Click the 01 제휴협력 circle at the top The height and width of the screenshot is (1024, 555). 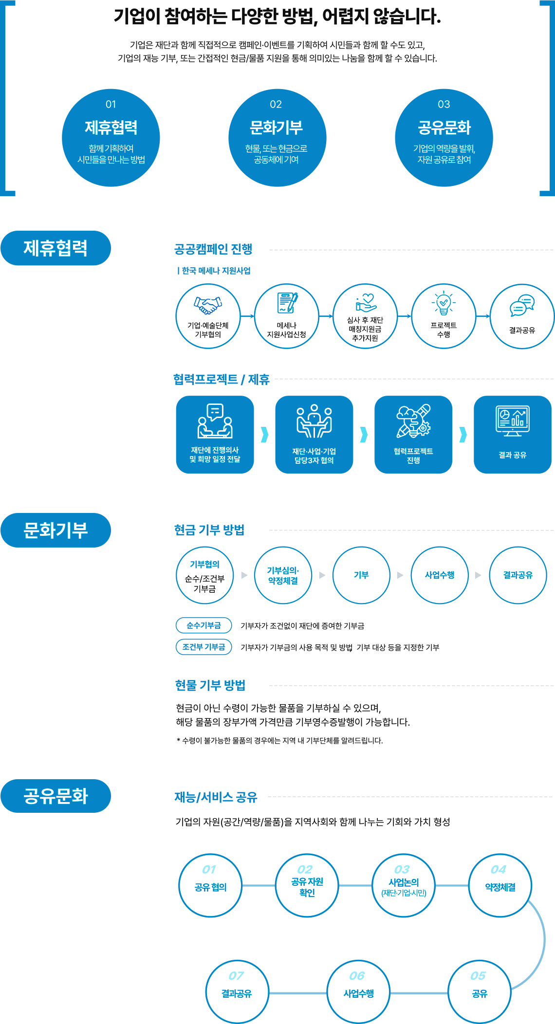tap(111, 138)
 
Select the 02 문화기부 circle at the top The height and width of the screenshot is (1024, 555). tap(277, 138)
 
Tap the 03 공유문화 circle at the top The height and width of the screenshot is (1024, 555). tap(444, 138)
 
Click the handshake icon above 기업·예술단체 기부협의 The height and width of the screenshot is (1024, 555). tap(208, 305)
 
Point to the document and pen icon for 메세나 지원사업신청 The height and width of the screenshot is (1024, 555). tap(287, 303)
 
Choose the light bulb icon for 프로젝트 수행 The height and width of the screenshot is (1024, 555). tap(444, 304)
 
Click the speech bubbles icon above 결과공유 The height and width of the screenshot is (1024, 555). tap(522, 306)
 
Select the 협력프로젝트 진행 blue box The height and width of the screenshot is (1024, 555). tap(413, 434)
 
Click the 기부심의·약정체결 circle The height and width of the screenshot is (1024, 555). tap(283, 575)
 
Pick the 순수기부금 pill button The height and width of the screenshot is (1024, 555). tap(203, 625)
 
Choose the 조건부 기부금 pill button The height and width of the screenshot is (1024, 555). tap(203, 647)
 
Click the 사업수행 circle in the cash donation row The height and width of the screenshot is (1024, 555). tap(440, 575)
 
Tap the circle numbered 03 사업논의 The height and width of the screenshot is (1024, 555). tap(404, 885)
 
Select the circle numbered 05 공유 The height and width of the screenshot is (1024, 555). tap(479, 991)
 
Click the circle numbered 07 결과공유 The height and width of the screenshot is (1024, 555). tap(237, 991)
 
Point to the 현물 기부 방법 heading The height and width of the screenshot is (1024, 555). tap(210, 685)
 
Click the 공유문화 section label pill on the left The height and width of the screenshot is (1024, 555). tap(56, 796)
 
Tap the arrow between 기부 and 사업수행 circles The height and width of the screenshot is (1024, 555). tap(400, 575)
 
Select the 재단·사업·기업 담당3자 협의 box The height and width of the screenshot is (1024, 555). tap(314, 434)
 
